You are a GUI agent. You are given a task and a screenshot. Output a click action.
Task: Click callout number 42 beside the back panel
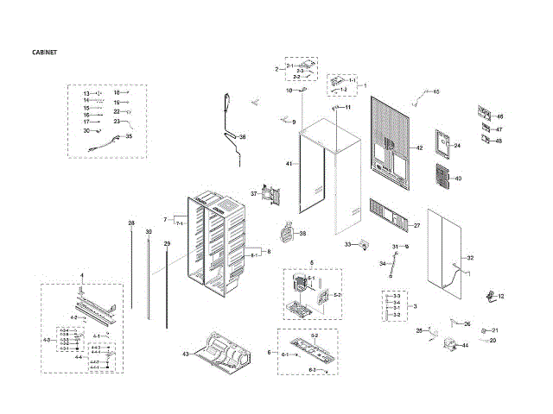click(x=419, y=148)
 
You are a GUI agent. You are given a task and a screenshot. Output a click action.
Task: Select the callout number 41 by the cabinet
click(x=289, y=163)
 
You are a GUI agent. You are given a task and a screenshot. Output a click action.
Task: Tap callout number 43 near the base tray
click(x=185, y=354)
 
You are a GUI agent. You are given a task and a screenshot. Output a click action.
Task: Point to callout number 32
click(x=470, y=258)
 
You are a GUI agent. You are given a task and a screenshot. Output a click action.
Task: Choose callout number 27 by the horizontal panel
click(x=416, y=225)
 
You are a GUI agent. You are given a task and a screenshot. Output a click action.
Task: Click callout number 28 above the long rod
click(x=131, y=224)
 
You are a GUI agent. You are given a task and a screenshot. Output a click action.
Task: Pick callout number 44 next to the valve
click(x=465, y=345)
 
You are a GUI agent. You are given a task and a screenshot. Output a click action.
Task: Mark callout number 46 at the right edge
click(x=499, y=116)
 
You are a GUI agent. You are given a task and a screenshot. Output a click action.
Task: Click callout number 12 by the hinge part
click(x=500, y=296)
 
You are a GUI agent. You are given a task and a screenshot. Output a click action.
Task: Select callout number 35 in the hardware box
click(x=129, y=136)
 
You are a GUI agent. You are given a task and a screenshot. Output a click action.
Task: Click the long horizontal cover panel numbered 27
click(x=386, y=215)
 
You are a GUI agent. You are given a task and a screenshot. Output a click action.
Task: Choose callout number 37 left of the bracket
click(x=255, y=193)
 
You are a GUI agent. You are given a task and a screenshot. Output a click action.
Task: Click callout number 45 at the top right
click(x=435, y=91)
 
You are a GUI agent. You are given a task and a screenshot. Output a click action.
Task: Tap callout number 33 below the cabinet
click(x=347, y=245)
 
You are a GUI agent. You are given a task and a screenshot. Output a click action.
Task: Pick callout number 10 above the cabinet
click(x=290, y=91)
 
